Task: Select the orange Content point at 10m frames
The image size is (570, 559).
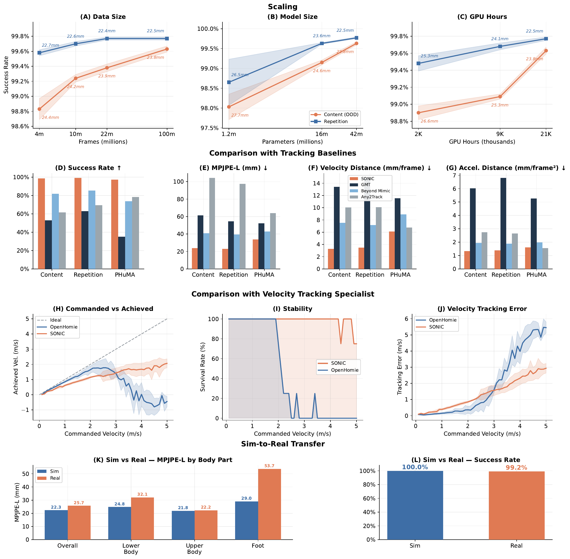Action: [x=75, y=78]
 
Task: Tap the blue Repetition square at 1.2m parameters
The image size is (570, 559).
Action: [x=229, y=82]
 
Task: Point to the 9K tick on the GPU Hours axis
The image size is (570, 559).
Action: [x=500, y=134]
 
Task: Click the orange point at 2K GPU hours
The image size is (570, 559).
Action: [x=418, y=113]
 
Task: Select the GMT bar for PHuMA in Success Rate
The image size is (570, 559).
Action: [x=121, y=253]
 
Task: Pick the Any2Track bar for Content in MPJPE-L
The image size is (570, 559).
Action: [x=212, y=223]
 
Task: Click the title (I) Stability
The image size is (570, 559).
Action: [x=292, y=309]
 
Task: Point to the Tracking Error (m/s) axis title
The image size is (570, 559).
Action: [x=400, y=367]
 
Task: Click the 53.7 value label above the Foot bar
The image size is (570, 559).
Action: [x=269, y=466]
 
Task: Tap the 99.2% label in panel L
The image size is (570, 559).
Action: [x=516, y=467]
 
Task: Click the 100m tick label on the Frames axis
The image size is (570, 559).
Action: [x=167, y=134]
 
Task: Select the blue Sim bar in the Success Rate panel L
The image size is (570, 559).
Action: [x=415, y=505]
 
